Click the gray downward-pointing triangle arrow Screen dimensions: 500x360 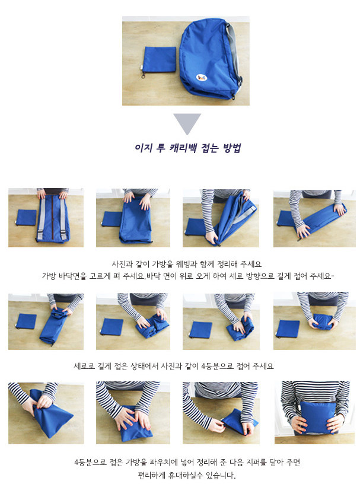(187, 123)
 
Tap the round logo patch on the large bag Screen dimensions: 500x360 (203, 76)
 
